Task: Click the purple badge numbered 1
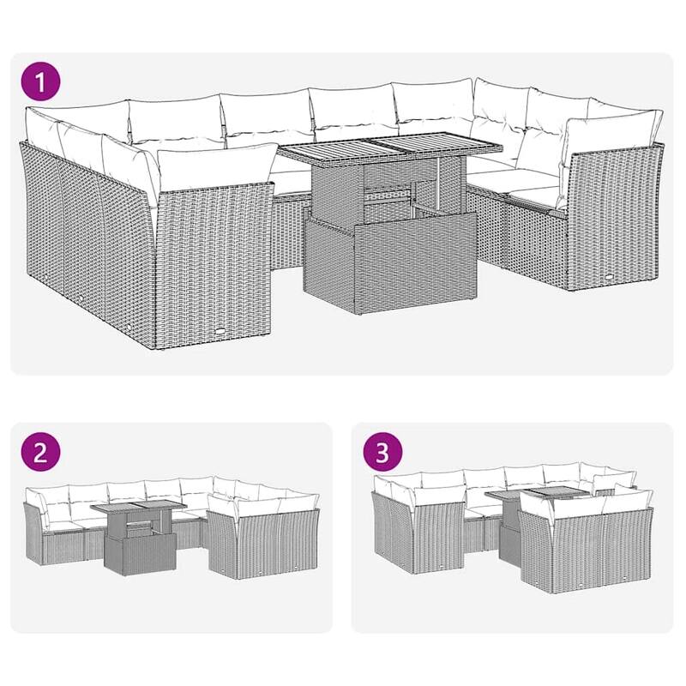point(40,83)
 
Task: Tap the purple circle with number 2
point(39,454)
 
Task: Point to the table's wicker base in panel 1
point(390,262)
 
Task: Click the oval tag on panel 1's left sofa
point(222,336)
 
